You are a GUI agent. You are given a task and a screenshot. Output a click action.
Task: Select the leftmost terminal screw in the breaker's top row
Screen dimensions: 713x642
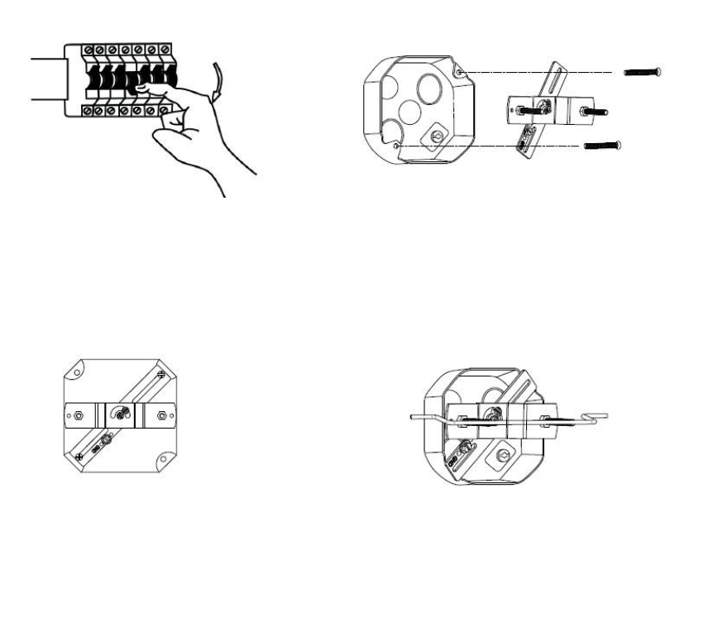89,50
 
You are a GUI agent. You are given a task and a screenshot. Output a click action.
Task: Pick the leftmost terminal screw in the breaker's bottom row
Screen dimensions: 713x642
89,111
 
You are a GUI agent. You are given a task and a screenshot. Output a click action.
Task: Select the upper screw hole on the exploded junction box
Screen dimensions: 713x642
460,73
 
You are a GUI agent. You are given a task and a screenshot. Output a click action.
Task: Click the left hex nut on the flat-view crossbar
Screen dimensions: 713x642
78,413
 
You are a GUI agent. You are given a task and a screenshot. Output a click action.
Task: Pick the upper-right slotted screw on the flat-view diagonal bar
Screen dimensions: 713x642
160,376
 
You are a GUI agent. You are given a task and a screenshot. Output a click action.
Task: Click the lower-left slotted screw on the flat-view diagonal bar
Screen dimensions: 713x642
79,456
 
